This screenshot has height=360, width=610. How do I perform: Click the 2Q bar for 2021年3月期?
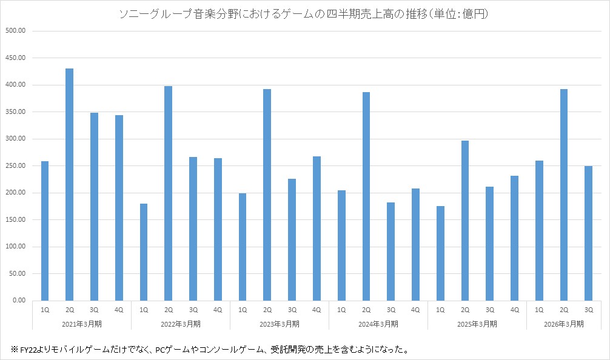click(x=69, y=184)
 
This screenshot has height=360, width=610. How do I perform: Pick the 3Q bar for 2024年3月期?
click(x=390, y=252)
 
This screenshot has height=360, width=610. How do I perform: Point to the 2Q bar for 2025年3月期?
click(x=465, y=221)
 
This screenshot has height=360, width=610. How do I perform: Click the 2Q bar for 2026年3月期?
click(x=564, y=195)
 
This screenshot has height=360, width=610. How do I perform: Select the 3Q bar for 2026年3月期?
click(x=588, y=233)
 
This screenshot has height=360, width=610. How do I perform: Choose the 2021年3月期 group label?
click(x=82, y=324)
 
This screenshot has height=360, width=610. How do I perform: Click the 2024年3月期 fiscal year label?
click(x=378, y=324)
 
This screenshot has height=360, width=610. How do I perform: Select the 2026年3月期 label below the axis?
click(x=564, y=324)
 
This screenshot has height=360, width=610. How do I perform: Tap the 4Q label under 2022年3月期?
click(x=218, y=310)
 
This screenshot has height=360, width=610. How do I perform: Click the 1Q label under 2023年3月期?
click(x=243, y=310)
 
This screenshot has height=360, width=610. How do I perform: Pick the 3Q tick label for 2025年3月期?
click(x=490, y=310)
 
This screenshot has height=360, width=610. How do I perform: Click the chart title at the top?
click(x=304, y=14)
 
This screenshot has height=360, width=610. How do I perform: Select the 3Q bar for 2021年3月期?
click(x=94, y=207)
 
